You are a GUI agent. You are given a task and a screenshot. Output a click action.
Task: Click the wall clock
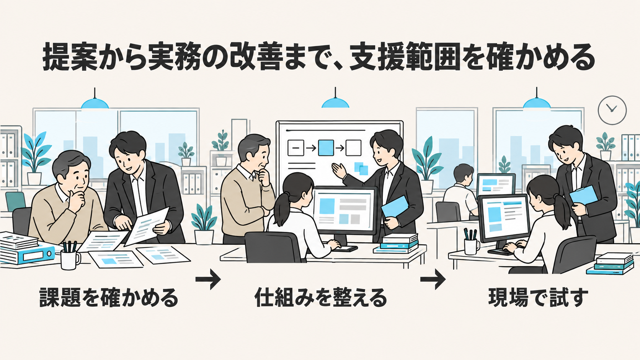coord(612,110)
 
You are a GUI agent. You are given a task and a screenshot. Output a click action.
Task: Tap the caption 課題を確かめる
coord(109,298)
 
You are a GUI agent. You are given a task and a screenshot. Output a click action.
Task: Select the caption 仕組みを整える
coord(320,298)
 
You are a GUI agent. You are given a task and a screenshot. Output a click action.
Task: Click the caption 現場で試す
coord(538,298)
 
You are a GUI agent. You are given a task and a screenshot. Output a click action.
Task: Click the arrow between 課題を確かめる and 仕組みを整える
coord(208,279)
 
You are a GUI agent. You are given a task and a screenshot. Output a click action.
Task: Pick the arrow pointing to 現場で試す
coord(433,279)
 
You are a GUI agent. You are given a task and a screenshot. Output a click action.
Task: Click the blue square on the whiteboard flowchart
coord(326,148)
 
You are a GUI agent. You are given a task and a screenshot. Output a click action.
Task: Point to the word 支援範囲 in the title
coord(405,57)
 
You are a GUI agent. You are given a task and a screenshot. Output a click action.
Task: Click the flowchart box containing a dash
coord(296,148)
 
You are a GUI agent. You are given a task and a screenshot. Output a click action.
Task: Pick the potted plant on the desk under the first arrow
coord(204,224)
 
